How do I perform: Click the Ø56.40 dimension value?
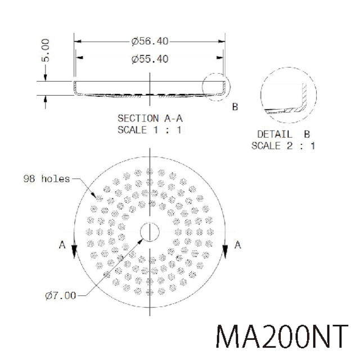click(x=150, y=42)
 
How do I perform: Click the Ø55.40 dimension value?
click(x=150, y=58)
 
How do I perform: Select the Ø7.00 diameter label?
click(x=60, y=295)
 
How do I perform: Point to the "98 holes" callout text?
click(x=47, y=179)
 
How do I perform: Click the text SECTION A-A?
click(x=150, y=119)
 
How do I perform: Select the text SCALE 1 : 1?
click(x=150, y=129)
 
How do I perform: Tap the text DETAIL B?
click(x=283, y=135)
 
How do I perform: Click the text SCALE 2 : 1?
click(x=283, y=146)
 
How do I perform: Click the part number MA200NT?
click(x=283, y=336)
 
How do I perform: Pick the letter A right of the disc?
click(x=238, y=245)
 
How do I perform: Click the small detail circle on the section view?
click(x=217, y=87)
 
